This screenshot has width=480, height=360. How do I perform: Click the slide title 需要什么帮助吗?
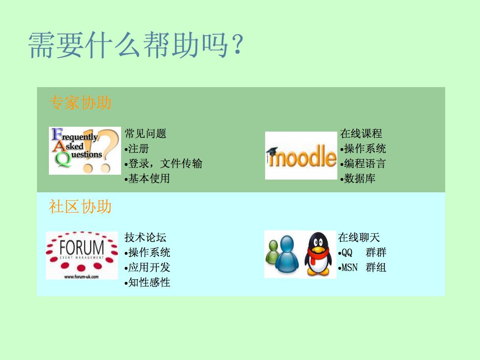(136, 45)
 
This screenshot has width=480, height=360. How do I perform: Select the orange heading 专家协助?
(80, 103)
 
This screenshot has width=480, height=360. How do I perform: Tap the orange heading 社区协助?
(80, 206)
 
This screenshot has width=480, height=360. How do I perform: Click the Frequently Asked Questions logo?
(85, 151)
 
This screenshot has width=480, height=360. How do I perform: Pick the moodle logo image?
(301, 155)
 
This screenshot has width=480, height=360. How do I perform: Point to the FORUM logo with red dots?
(82, 255)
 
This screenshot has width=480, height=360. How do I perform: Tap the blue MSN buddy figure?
(287, 254)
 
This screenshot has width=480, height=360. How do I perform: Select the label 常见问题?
(145, 134)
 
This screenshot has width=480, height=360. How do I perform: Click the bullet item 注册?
(137, 149)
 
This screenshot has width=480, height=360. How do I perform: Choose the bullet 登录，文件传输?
(163, 164)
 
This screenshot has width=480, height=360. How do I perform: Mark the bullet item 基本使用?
(147, 178)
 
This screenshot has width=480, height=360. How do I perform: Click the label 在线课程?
(361, 134)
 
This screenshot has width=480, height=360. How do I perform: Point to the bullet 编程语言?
(363, 164)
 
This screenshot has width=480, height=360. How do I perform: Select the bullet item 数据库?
(358, 178)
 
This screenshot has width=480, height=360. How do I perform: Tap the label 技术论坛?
(145, 237)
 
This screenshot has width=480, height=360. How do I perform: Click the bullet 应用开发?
(147, 267)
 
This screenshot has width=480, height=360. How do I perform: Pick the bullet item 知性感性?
(147, 282)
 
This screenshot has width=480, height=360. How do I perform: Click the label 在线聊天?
(359, 237)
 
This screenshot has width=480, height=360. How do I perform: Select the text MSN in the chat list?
(349, 268)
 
